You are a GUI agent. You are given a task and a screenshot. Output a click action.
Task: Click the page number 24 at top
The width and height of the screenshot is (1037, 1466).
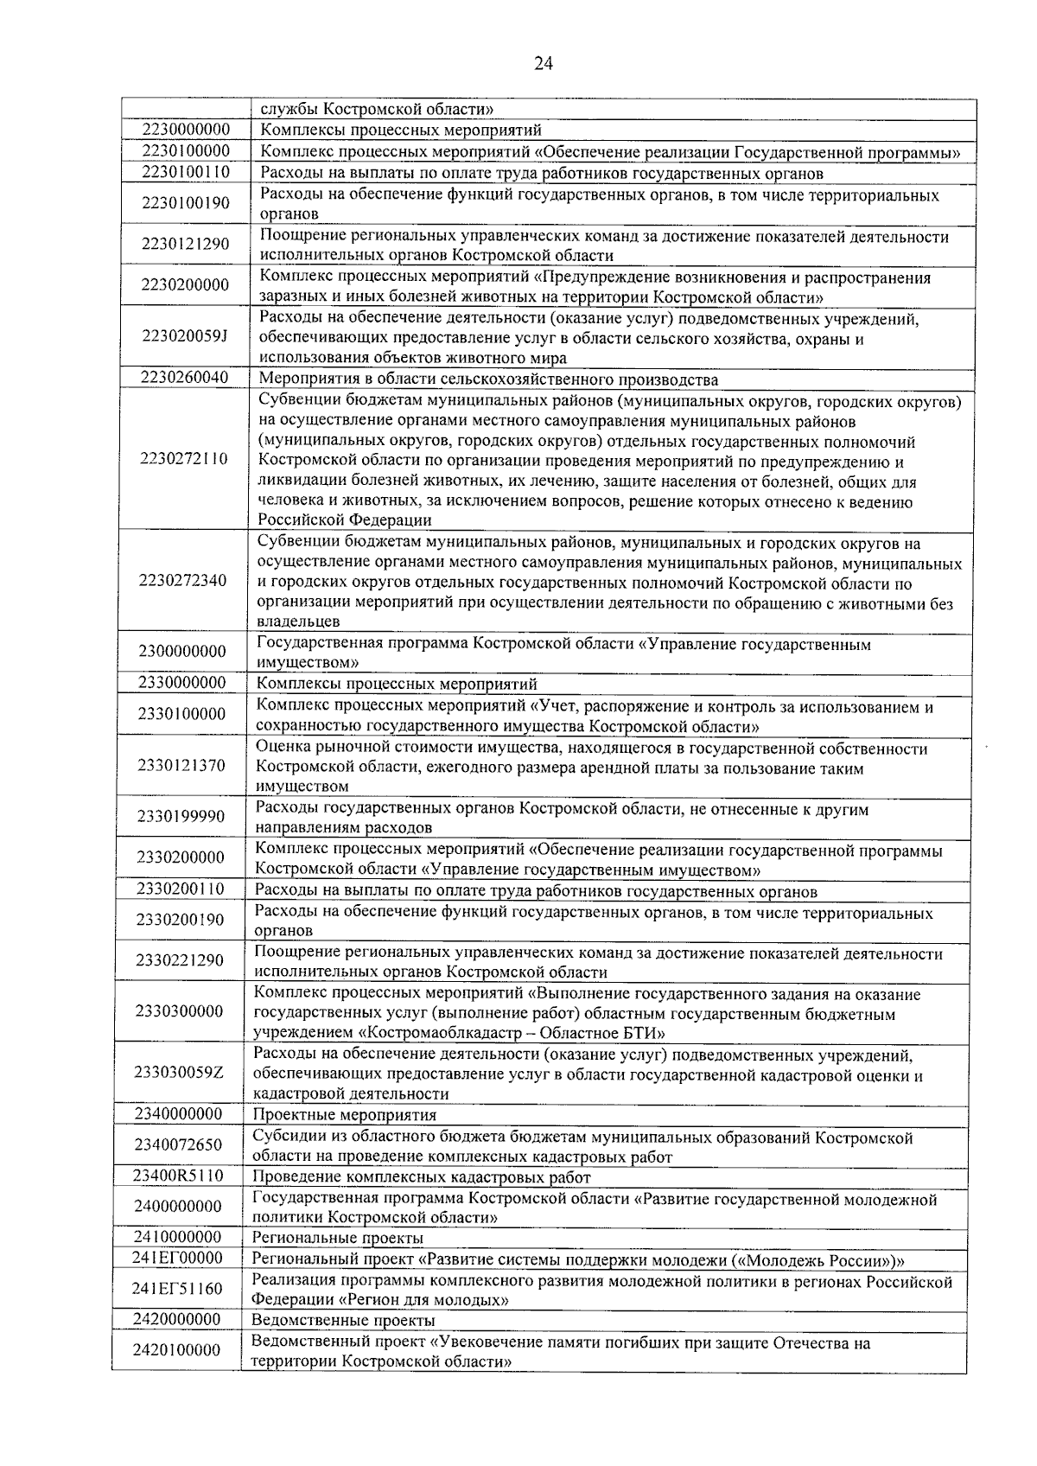click(543, 63)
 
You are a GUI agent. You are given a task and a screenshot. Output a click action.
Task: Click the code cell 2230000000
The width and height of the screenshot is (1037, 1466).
click(186, 130)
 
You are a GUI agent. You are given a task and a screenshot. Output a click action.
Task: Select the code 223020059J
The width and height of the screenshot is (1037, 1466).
click(186, 336)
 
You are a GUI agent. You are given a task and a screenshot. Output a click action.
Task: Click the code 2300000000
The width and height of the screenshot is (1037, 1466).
click(181, 651)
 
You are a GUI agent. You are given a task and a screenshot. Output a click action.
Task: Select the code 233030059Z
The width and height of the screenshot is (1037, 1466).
click(179, 1073)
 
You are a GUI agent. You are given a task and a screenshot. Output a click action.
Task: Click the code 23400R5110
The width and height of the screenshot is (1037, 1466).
click(178, 1176)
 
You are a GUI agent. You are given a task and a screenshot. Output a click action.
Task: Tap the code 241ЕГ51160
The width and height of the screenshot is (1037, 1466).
click(177, 1289)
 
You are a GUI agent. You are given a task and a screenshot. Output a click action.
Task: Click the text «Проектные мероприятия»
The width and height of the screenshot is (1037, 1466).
click(344, 1115)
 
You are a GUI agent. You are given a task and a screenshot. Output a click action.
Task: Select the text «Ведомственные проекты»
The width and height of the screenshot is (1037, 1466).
click(342, 1321)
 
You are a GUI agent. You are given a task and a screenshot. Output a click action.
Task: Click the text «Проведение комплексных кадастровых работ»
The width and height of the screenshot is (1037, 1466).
click(421, 1177)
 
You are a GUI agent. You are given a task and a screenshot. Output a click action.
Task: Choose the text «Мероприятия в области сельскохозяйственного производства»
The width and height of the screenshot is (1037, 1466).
click(488, 379)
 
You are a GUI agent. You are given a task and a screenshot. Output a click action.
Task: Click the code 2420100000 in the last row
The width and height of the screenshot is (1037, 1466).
click(177, 1350)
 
